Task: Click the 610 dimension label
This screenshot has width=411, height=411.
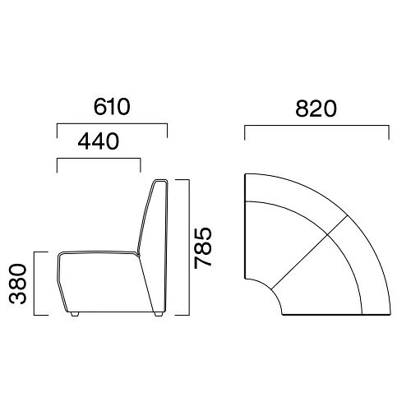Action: click(112, 107)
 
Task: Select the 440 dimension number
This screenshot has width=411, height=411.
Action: click(99, 141)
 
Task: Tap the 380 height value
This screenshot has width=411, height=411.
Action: click(18, 284)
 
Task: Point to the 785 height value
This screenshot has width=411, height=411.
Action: click(203, 248)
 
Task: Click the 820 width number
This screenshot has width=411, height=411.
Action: click(316, 109)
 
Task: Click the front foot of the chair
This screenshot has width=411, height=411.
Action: click(75, 314)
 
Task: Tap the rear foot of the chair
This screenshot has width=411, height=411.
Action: click(158, 314)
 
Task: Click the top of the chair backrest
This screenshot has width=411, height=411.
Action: click(160, 180)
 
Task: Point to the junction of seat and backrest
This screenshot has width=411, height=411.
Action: click(138, 254)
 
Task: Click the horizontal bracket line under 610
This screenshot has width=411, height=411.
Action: click(112, 124)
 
